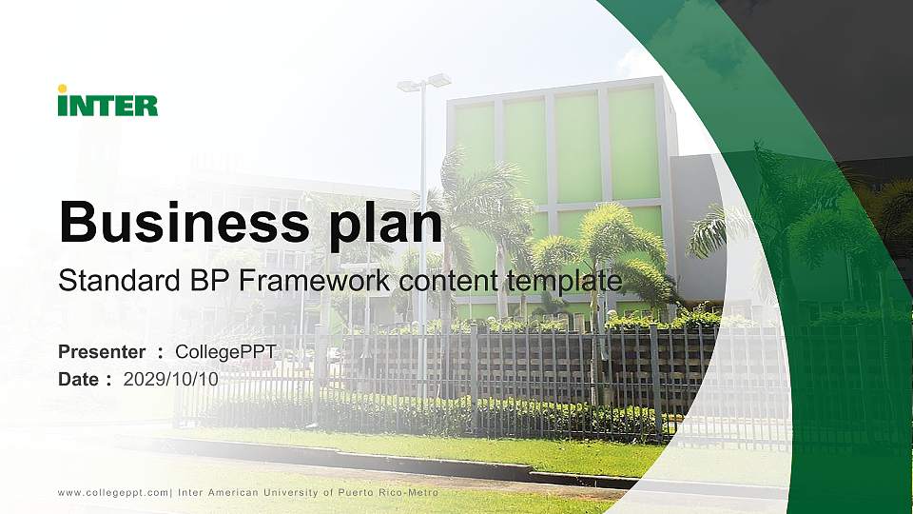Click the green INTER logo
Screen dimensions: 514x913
[107, 103]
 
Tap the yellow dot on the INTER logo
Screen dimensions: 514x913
[63, 89]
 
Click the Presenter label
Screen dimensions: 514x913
[102, 352]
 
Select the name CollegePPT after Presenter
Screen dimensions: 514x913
[225, 352]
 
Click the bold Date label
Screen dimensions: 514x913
[79, 379]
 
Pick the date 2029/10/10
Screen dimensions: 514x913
[171, 379]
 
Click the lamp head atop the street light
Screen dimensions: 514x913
[424, 83]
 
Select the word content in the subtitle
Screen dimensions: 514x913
[451, 281]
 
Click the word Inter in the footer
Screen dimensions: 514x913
[191, 492]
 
